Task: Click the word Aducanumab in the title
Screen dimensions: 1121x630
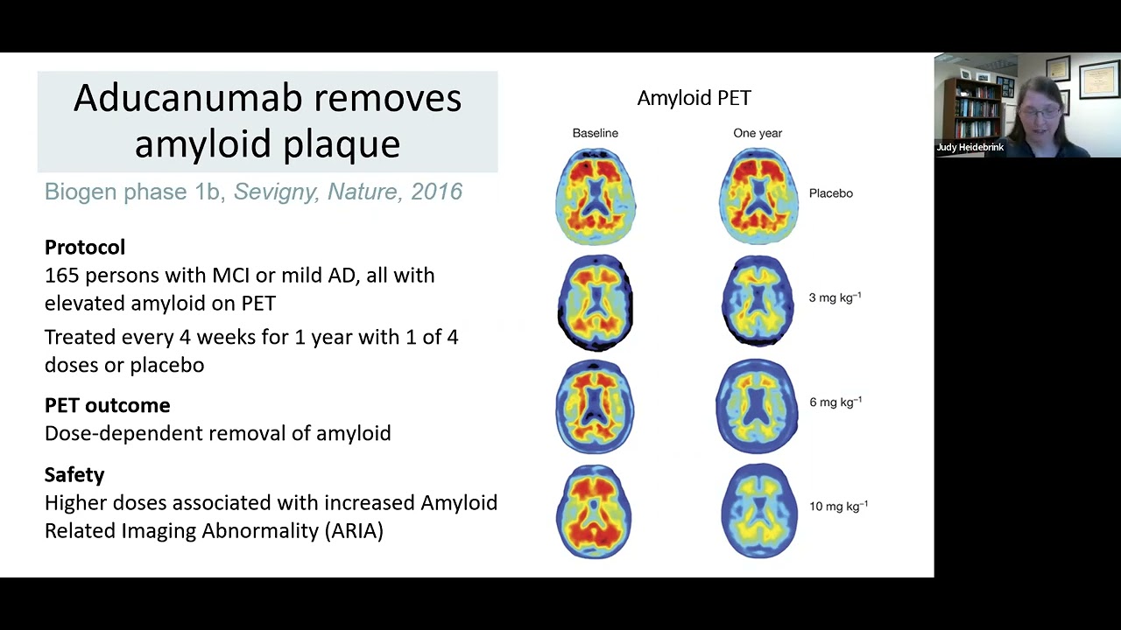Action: (x=187, y=99)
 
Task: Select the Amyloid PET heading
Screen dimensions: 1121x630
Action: (x=694, y=98)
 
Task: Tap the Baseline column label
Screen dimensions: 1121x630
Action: (x=595, y=133)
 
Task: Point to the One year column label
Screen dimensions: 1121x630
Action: (x=758, y=133)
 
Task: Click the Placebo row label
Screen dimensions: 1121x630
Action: (x=831, y=193)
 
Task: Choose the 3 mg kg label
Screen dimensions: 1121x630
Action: (x=835, y=297)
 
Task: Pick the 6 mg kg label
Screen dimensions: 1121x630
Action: (x=835, y=402)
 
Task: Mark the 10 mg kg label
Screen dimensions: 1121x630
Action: (x=838, y=506)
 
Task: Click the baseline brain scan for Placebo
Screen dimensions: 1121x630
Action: (x=596, y=197)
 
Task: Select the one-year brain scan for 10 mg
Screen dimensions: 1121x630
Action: (x=758, y=510)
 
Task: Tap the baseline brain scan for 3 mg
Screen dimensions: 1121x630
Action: (x=595, y=303)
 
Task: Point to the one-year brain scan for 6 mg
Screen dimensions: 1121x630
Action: (x=758, y=406)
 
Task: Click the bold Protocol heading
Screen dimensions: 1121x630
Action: (x=85, y=247)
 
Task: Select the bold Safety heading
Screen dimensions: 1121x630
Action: (x=74, y=474)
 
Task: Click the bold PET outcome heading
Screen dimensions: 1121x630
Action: (x=108, y=405)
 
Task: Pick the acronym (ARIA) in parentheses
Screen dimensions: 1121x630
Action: (x=355, y=530)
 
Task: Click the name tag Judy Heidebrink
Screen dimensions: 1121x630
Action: (x=969, y=148)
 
